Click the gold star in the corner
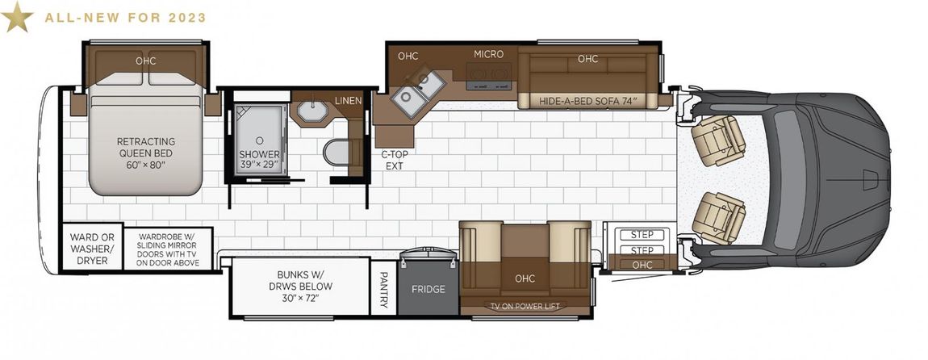coord(17,17)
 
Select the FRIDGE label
coord(428,290)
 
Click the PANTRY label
coord(383,290)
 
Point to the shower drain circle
coord(259,140)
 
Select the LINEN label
coord(348,101)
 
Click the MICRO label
coord(488,54)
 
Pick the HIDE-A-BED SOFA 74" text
coord(587,101)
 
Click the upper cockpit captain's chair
coord(717,140)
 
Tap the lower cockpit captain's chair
coord(718,217)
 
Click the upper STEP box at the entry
coord(642,235)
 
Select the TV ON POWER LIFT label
coord(525,306)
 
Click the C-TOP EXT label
coord(394,161)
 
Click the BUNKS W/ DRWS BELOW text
coord(305,286)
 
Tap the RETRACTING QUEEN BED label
coord(145,153)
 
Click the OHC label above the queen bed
coord(145,61)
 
